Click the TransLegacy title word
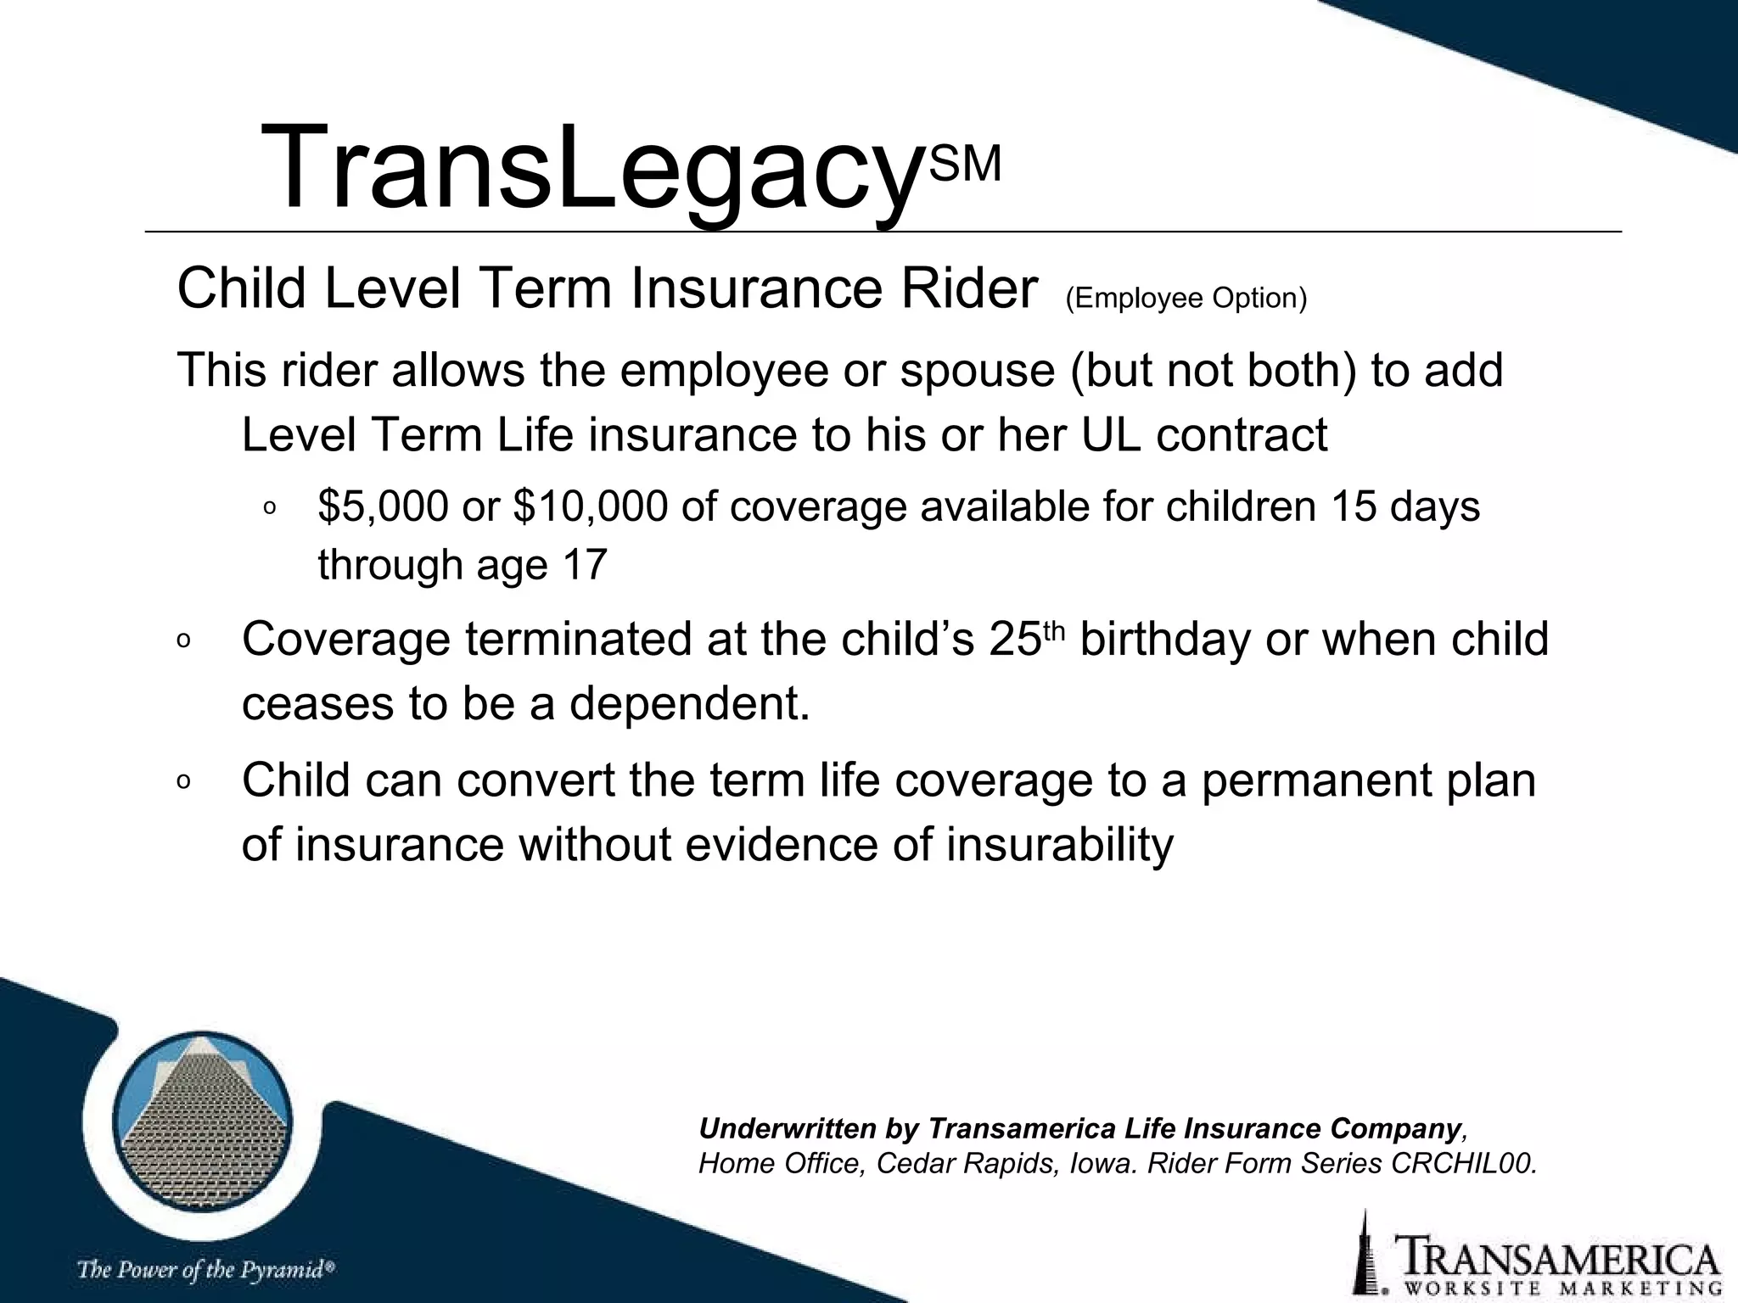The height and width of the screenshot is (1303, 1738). [591, 168]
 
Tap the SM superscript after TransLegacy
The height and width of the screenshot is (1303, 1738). [966, 164]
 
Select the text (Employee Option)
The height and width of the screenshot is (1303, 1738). [1186, 299]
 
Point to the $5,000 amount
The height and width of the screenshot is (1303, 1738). [383, 506]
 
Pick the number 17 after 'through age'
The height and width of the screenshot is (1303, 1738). [584, 565]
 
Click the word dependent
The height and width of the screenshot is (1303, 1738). [689, 704]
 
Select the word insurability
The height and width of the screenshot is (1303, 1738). [1059, 845]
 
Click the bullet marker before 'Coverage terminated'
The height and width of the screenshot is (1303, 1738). [183, 642]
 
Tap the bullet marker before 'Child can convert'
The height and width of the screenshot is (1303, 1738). [183, 783]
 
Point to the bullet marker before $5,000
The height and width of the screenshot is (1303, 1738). [269, 509]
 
